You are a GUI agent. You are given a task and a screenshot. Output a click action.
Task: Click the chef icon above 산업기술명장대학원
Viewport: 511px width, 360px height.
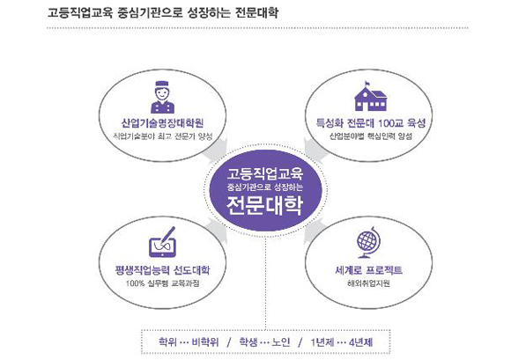click(x=162, y=97)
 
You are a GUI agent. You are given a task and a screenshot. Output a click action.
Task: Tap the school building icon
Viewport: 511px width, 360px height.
click(x=371, y=96)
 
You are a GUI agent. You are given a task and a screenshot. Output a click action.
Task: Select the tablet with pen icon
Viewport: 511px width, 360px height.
click(x=163, y=242)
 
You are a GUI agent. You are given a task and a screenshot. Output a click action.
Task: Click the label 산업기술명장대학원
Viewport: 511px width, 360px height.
click(x=162, y=123)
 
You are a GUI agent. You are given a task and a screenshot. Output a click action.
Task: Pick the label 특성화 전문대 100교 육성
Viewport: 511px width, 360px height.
click(x=371, y=123)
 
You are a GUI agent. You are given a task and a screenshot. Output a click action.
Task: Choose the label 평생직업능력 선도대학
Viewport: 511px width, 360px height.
click(x=162, y=270)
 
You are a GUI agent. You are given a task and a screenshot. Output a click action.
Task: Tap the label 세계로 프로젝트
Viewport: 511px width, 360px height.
click(x=368, y=270)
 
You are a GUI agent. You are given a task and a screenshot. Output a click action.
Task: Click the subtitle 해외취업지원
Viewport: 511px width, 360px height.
click(x=368, y=283)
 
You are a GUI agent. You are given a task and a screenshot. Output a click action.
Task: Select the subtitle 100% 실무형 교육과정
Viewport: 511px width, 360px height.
click(x=162, y=283)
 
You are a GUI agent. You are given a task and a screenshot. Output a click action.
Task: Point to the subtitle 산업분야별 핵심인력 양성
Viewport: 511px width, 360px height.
click(x=371, y=136)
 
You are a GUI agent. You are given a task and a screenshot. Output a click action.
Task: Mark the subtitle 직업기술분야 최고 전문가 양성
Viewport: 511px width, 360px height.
click(x=162, y=136)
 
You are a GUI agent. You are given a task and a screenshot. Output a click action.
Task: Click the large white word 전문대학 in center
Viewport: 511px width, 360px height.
click(x=264, y=205)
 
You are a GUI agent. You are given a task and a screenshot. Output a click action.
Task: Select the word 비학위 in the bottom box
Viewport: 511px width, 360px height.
click(x=205, y=342)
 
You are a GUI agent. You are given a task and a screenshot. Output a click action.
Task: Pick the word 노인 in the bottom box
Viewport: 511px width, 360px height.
click(x=281, y=342)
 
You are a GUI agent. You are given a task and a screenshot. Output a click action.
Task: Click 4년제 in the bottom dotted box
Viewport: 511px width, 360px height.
click(x=360, y=342)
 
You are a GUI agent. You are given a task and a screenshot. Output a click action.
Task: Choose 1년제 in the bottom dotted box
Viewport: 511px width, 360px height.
click(x=322, y=342)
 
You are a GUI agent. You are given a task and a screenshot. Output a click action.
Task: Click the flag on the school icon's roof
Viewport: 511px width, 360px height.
click(x=367, y=83)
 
